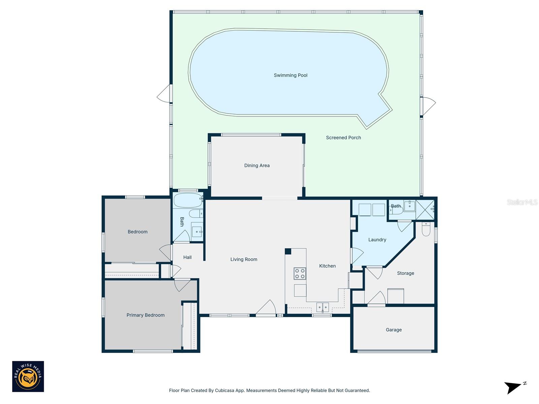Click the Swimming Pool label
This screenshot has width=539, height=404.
(x=290, y=75)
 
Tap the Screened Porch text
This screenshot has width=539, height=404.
(x=343, y=138)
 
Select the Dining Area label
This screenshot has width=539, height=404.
(x=257, y=166)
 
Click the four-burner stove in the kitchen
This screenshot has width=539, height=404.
(x=300, y=273)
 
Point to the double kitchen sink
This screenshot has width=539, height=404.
(x=322, y=307)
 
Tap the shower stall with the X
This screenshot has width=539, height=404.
(x=425, y=210)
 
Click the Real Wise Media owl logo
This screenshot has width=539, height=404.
(x=28, y=376)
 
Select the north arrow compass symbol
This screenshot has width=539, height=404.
(x=514, y=387)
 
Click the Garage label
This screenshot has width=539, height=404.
(x=393, y=330)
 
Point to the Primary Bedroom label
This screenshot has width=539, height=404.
(x=146, y=315)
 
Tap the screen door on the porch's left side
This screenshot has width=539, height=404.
(x=164, y=94)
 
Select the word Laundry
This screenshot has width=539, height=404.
(x=377, y=240)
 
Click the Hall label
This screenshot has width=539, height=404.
(x=187, y=258)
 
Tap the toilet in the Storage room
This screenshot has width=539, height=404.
(x=426, y=229)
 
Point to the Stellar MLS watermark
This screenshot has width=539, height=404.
(x=522, y=202)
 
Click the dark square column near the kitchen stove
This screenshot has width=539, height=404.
(x=288, y=251)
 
